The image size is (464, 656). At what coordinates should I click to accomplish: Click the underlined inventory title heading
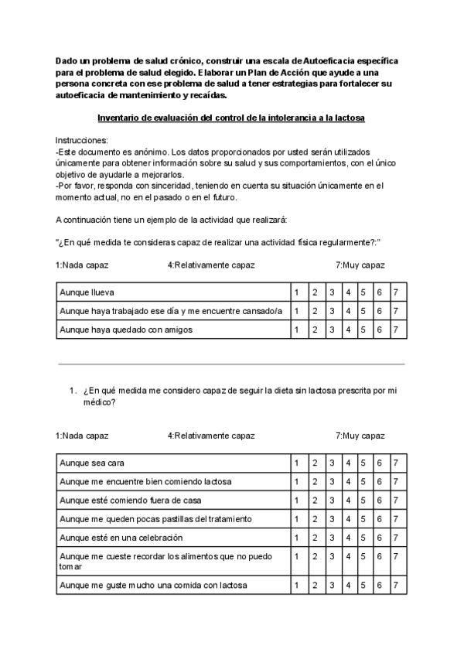[231, 118]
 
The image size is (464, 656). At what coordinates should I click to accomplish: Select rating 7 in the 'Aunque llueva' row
[396, 292]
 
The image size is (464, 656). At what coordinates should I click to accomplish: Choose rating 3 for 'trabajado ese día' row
[331, 310]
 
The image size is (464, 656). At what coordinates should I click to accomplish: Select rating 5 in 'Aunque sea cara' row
[363, 463]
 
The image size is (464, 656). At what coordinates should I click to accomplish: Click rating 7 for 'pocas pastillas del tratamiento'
[396, 518]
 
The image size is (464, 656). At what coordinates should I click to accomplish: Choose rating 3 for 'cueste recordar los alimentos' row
[331, 555]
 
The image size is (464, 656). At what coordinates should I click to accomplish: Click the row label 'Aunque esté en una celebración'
[121, 537]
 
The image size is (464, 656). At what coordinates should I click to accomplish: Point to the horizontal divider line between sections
[231, 364]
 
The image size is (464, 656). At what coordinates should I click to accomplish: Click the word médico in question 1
[98, 402]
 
